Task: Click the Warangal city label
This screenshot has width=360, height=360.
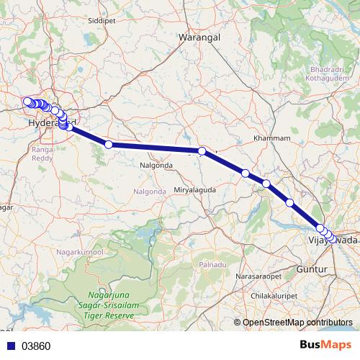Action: (199, 36)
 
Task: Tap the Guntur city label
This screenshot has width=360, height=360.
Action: (312, 269)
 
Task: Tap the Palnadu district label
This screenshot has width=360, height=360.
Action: (212, 265)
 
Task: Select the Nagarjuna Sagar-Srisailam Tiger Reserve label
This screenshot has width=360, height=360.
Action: (110, 306)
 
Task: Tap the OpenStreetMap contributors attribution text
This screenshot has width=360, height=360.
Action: (297, 323)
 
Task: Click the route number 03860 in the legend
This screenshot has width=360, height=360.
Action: (36, 346)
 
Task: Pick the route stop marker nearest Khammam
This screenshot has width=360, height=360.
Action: (246, 173)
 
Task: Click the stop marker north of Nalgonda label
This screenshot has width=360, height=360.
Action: (109, 145)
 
